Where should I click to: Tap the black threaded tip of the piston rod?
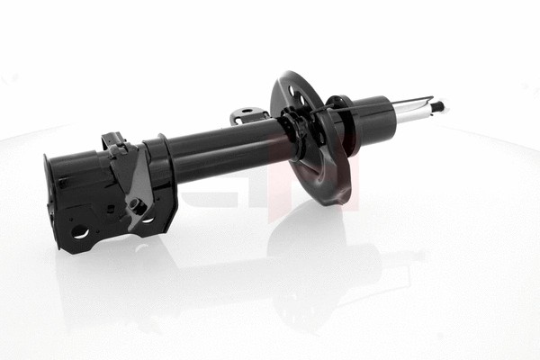coord(439,106)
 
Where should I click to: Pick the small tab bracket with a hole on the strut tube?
coord(248,115)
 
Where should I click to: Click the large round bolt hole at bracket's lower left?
coord(80,232)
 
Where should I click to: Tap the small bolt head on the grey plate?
coord(138,206)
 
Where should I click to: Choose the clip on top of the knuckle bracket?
coord(113,142)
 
